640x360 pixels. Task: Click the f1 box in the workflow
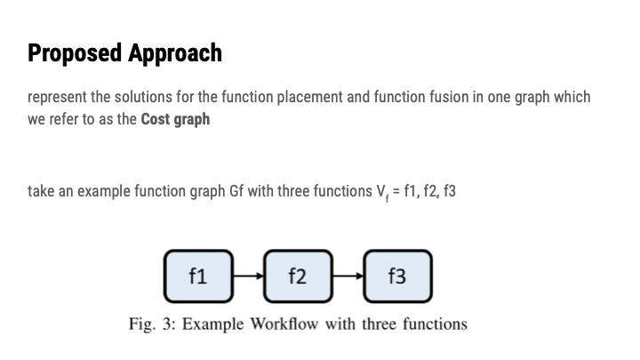(198, 276)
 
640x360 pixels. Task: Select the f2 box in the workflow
(298, 276)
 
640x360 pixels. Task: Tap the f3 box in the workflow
(397, 276)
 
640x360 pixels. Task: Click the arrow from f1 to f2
(248, 276)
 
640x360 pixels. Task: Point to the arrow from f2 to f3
(348, 276)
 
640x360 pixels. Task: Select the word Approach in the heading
(174, 53)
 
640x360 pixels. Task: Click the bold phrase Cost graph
(175, 118)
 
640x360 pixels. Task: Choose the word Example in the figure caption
(213, 324)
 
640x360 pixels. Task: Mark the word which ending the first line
(572, 97)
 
